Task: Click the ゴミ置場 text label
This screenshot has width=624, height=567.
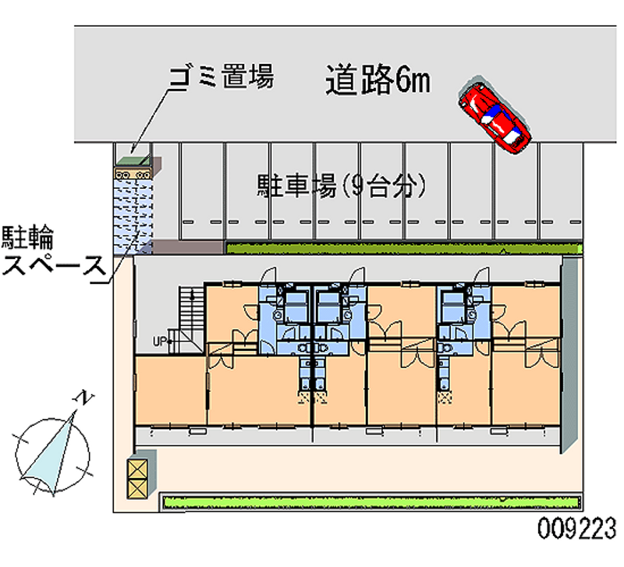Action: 222,78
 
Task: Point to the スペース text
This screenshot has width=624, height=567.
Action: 53,265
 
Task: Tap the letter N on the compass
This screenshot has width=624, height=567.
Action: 84,399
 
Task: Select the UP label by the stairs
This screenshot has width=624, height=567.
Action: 159,341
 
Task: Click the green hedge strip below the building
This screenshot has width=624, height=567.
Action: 370,500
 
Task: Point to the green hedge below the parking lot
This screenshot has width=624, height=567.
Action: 404,248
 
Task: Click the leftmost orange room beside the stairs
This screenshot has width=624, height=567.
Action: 169,389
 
